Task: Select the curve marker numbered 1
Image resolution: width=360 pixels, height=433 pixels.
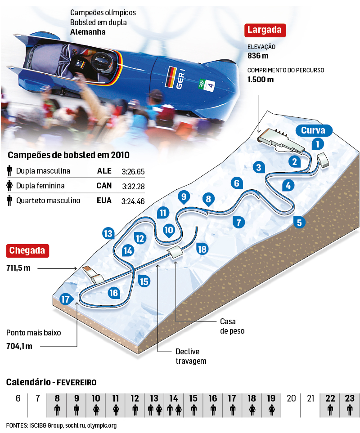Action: (318, 144)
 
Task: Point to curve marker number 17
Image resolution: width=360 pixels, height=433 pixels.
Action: (66, 299)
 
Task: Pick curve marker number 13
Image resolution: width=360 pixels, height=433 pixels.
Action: (108, 233)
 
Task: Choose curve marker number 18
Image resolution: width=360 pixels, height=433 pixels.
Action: (202, 249)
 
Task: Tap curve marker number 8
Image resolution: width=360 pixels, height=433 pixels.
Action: (208, 198)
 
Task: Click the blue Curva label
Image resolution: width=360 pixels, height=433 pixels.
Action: (313, 130)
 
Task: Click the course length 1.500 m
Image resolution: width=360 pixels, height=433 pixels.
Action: (260, 80)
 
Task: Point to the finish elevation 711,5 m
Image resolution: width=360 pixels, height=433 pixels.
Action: (18, 268)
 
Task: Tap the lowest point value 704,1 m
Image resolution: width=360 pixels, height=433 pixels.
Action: (19, 346)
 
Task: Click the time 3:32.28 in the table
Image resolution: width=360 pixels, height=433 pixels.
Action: (133, 186)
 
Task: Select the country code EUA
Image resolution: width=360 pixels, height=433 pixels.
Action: (104, 201)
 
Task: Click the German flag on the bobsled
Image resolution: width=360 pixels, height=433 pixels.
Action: (171, 77)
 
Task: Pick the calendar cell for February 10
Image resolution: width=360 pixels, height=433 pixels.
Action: (96, 404)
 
